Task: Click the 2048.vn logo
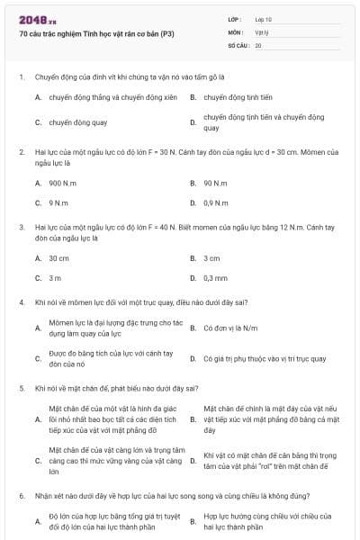(37, 19)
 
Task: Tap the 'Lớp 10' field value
(263, 19)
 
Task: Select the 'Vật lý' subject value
(261, 31)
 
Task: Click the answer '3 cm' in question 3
(211, 257)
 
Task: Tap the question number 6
(21, 496)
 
